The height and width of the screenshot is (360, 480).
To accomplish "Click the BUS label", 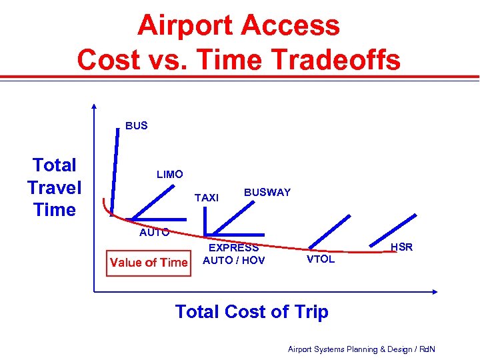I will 136,125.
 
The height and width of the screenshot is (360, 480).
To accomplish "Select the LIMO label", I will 169,175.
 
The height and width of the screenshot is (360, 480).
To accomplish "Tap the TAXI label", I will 206,198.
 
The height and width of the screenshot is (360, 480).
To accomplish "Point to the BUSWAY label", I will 267,193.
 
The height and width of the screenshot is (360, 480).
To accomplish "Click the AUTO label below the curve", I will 154,233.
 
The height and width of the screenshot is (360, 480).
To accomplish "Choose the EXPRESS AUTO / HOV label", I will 233,254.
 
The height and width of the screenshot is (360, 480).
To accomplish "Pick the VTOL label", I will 320,259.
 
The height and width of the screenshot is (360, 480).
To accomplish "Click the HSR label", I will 401,247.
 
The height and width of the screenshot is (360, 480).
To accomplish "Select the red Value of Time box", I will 149,262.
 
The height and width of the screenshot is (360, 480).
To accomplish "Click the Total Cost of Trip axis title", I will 251,311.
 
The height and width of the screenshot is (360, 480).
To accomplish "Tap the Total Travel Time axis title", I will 55,187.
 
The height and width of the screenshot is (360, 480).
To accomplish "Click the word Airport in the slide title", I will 184,26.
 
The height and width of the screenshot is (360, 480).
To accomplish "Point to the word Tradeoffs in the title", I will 343,60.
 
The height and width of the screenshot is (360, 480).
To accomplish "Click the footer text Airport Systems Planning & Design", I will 361,349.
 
